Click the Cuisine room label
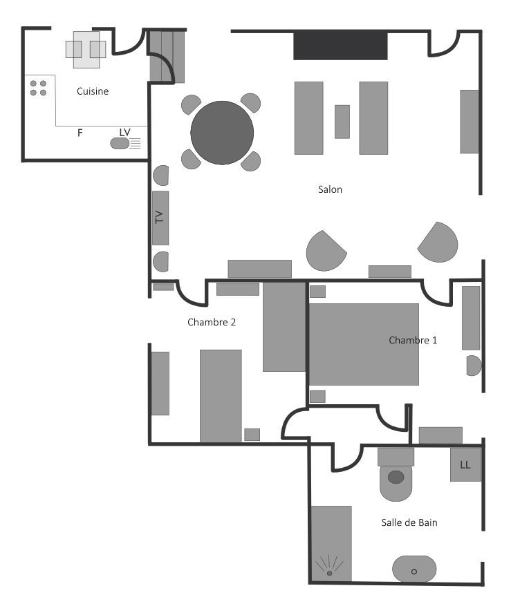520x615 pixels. pos(93,91)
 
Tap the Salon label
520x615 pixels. pos(330,189)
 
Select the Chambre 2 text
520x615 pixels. pos(212,322)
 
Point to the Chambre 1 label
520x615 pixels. pos(413,340)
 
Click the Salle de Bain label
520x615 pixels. pos(409,522)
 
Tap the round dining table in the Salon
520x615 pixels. pos(222,133)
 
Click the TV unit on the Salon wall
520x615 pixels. pos(160,218)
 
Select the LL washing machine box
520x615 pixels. pos(465,464)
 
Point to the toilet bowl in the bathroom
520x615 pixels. pos(396,482)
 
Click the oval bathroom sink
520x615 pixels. pos(414,569)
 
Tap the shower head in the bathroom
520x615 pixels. pos(330,573)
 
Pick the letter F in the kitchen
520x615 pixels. pos(80,133)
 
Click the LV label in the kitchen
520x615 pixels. pos(124,132)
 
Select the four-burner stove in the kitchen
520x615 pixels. pos(39,88)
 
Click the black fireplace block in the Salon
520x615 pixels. pos(341,46)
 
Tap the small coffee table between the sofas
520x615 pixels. pos(342,122)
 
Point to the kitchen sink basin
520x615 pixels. pos(120,144)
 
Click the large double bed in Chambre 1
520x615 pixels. pos(364,344)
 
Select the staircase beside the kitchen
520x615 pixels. pos(167,57)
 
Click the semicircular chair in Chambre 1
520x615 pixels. pos(474,366)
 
